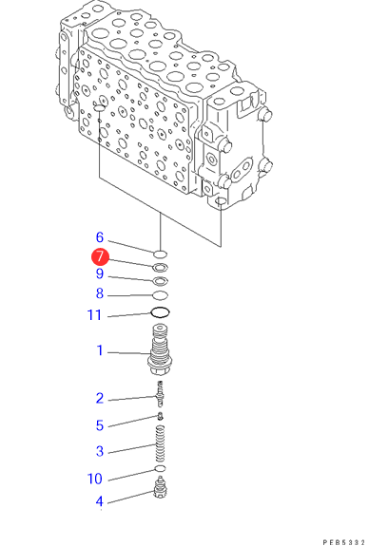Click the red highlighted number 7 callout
click(100, 257)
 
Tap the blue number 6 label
click(100, 237)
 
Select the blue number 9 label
click(100, 273)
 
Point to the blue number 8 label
click(100, 293)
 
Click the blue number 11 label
click(94, 315)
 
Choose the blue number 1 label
click(100, 350)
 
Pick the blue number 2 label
click(100, 398)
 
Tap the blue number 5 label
click(100, 425)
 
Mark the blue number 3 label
click(100, 451)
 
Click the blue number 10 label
click(94, 479)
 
